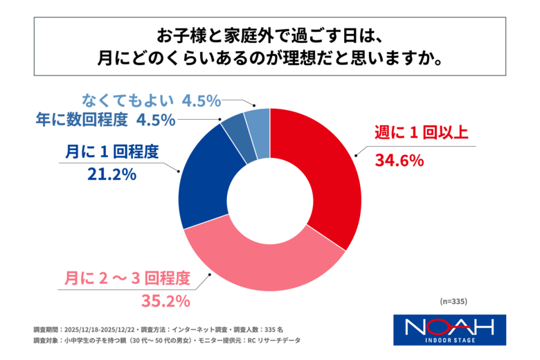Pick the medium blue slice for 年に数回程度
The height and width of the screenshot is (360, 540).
[x=235, y=132]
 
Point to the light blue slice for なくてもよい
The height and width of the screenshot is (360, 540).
[x=258, y=124]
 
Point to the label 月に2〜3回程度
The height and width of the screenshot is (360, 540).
[x=127, y=278]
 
